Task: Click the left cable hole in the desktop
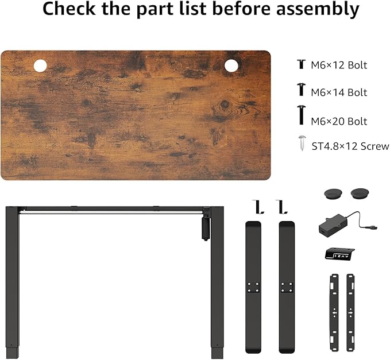tap(40, 66)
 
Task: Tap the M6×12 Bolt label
tap(339, 65)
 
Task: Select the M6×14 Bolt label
tap(339, 92)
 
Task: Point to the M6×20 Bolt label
tap(339, 121)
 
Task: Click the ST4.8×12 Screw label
tap(350, 146)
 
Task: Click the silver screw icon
tap(302, 143)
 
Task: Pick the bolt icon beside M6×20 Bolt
tap(302, 115)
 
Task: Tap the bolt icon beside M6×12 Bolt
tap(301, 64)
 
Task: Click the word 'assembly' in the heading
tap(318, 9)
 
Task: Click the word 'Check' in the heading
tap(69, 9)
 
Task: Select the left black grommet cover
tap(333, 193)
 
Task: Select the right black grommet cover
tap(360, 193)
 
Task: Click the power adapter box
tap(333, 225)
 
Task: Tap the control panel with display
tap(340, 254)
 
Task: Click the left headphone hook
tap(257, 207)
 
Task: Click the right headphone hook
tap(281, 207)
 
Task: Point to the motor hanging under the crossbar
tap(206, 229)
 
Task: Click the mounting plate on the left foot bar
tap(253, 287)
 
